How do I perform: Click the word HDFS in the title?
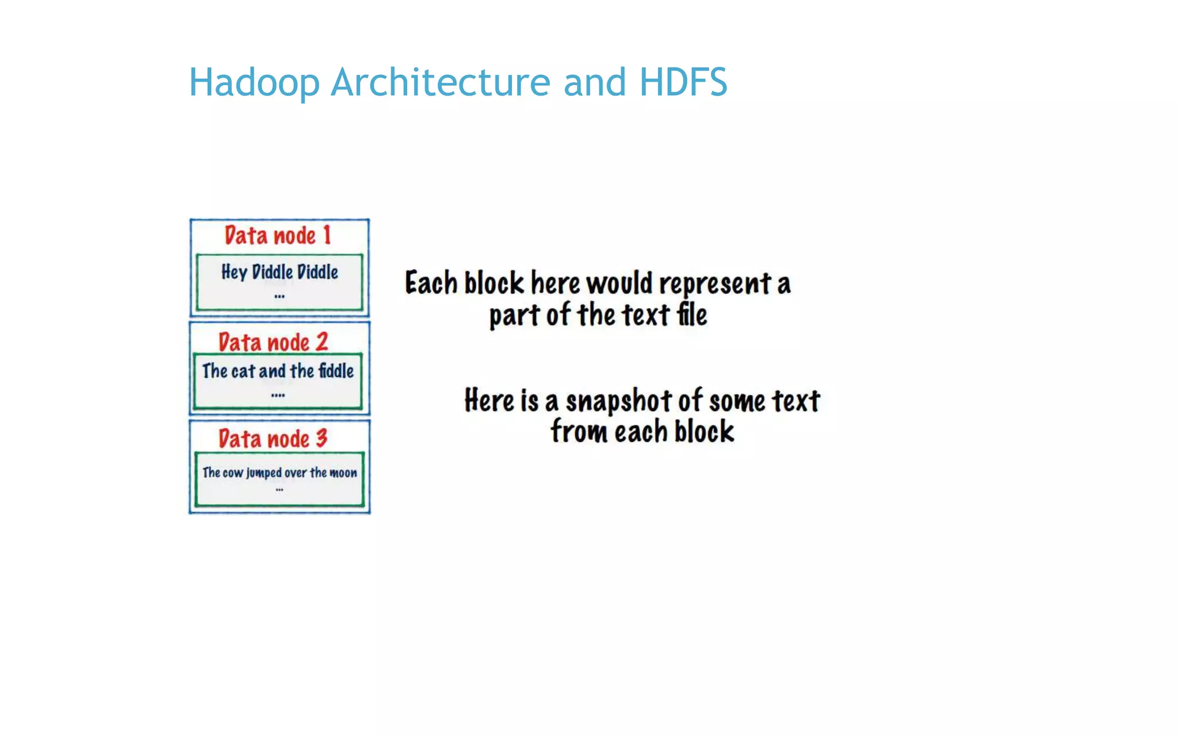click(683, 82)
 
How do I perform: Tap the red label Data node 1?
click(278, 236)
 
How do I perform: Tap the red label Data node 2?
click(273, 342)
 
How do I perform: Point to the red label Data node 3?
click(273, 439)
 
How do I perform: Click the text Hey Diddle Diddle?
click(280, 272)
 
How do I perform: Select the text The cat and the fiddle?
click(278, 371)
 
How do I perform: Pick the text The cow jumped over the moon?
click(280, 473)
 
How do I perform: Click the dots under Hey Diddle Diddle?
click(280, 297)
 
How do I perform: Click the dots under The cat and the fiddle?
click(278, 396)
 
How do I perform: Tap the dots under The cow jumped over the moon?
click(280, 490)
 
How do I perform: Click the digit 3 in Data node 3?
click(322, 439)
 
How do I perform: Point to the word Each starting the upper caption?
click(431, 283)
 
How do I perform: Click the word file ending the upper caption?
click(691, 315)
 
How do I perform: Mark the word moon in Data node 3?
click(343, 473)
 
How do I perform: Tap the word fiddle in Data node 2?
click(336, 371)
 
